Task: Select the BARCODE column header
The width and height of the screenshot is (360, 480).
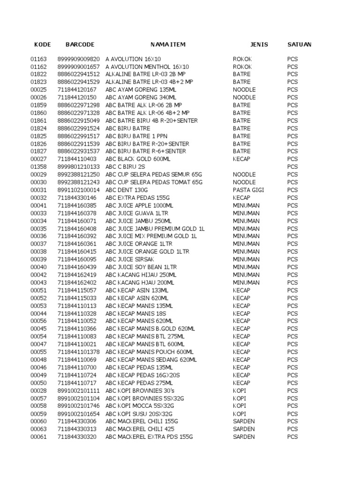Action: [x=80, y=45]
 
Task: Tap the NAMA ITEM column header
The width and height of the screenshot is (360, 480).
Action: [x=168, y=45]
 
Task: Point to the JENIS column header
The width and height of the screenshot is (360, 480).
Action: [x=259, y=45]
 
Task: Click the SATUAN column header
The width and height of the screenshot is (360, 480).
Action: [x=299, y=45]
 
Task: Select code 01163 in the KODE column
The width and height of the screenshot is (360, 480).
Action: [x=39, y=59]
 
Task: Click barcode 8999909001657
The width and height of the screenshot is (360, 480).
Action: [x=79, y=67]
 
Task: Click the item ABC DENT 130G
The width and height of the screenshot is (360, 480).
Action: [x=127, y=190]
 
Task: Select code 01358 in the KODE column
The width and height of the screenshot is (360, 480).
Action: [x=39, y=167]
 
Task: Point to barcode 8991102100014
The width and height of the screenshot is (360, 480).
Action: [x=79, y=190]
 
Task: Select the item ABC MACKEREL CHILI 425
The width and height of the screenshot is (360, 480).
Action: [x=140, y=429]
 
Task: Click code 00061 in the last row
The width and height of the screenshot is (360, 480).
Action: [x=39, y=437]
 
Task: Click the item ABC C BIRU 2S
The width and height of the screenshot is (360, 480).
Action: [x=126, y=167]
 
